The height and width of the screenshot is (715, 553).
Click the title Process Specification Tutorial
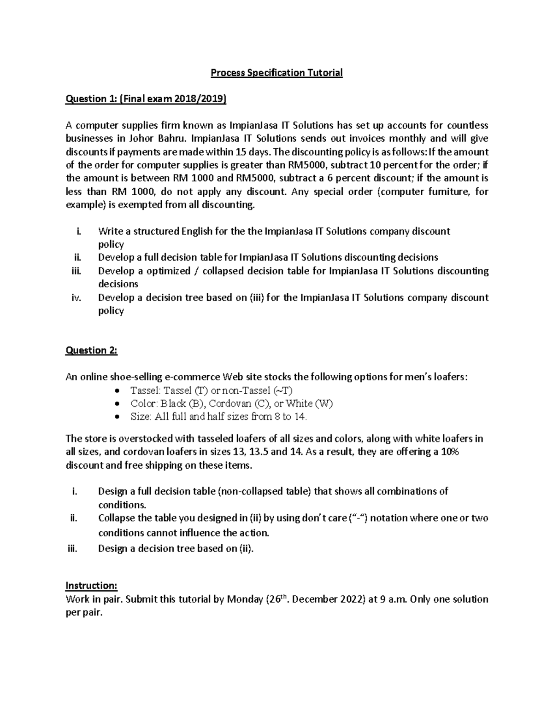[276, 73]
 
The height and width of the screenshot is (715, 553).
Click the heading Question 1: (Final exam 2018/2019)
[146, 99]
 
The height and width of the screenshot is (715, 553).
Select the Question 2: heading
[92, 350]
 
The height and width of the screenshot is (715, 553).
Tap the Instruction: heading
[92, 586]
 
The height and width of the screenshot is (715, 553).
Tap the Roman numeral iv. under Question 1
[76, 297]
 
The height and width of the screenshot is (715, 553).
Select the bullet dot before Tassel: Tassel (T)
[118, 391]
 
